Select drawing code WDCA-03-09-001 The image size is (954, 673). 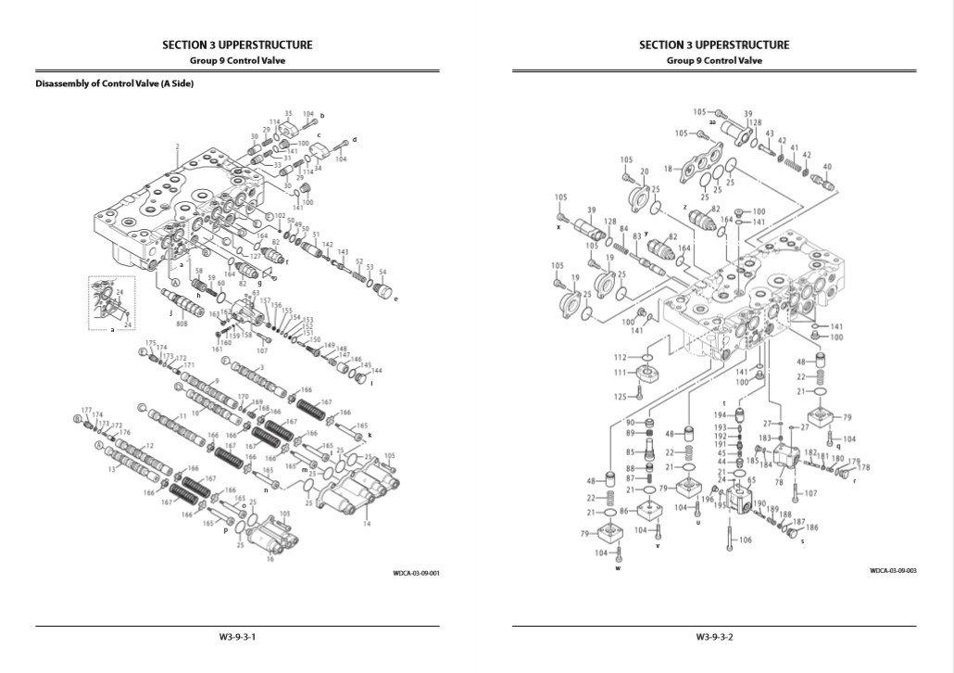[x=416, y=573]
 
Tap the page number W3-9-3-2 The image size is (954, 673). [x=715, y=637]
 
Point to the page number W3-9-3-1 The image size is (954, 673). [x=237, y=637]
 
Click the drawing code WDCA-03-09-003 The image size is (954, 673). [x=893, y=571]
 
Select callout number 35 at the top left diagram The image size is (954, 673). [x=288, y=113]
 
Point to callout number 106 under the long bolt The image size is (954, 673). [x=746, y=540]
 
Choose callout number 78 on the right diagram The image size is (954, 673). [x=779, y=482]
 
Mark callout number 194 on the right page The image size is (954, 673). [x=719, y=414]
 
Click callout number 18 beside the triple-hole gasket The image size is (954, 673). [x=668, y=170]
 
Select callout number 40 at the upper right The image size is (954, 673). [x=827, y=167]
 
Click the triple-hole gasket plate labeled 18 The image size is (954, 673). [x=697, y=170]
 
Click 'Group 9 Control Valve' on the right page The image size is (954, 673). [x=714, y=60]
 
